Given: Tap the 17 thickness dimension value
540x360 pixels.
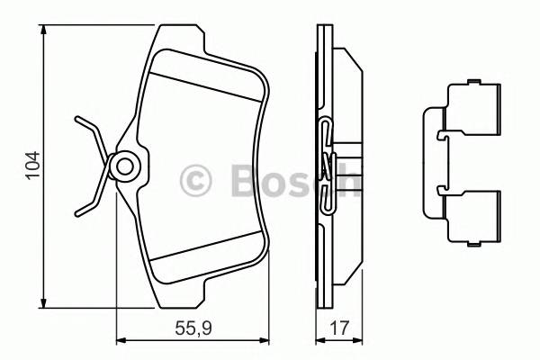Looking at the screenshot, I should click(337, 330).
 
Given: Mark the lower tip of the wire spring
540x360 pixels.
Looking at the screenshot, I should click(78, 211).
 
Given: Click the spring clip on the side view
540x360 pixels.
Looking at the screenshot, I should click(328, 166).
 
